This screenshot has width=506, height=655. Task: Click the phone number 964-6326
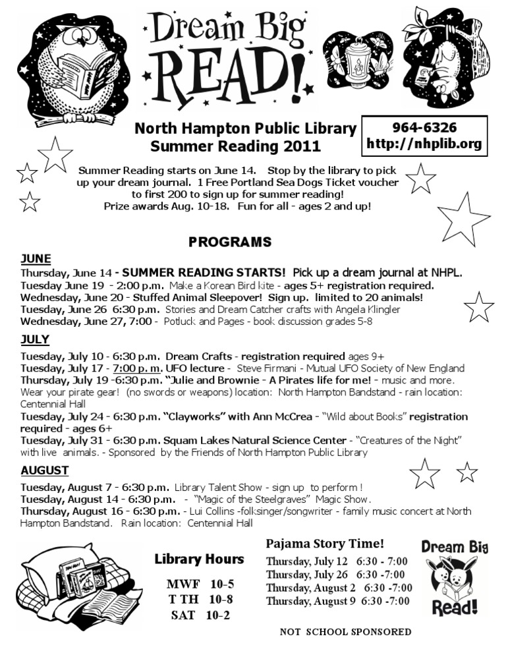pos(424,128)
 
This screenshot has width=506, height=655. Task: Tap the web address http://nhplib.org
pos(424,144)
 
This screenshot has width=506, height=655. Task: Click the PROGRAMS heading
pos(230,242)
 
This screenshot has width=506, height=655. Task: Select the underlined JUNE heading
pos(36,258)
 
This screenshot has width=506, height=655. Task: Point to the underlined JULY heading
pos(35,340)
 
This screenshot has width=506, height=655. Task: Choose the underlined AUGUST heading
pos(45,470)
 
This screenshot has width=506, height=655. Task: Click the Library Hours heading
pos(199,559)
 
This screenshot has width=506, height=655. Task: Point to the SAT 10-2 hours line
pos(200,615)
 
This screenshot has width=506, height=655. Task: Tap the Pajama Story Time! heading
pos(325,544)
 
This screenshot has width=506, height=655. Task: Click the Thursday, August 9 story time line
pos(337,601)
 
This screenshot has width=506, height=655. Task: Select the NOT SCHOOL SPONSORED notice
pos(345,632)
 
